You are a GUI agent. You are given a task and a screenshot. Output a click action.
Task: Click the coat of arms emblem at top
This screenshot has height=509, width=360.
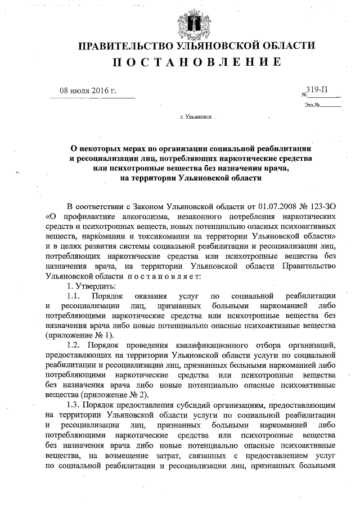195,22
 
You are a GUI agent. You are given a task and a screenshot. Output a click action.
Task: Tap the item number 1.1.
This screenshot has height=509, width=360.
74,296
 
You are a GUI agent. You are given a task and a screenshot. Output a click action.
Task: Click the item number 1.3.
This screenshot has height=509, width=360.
74,404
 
